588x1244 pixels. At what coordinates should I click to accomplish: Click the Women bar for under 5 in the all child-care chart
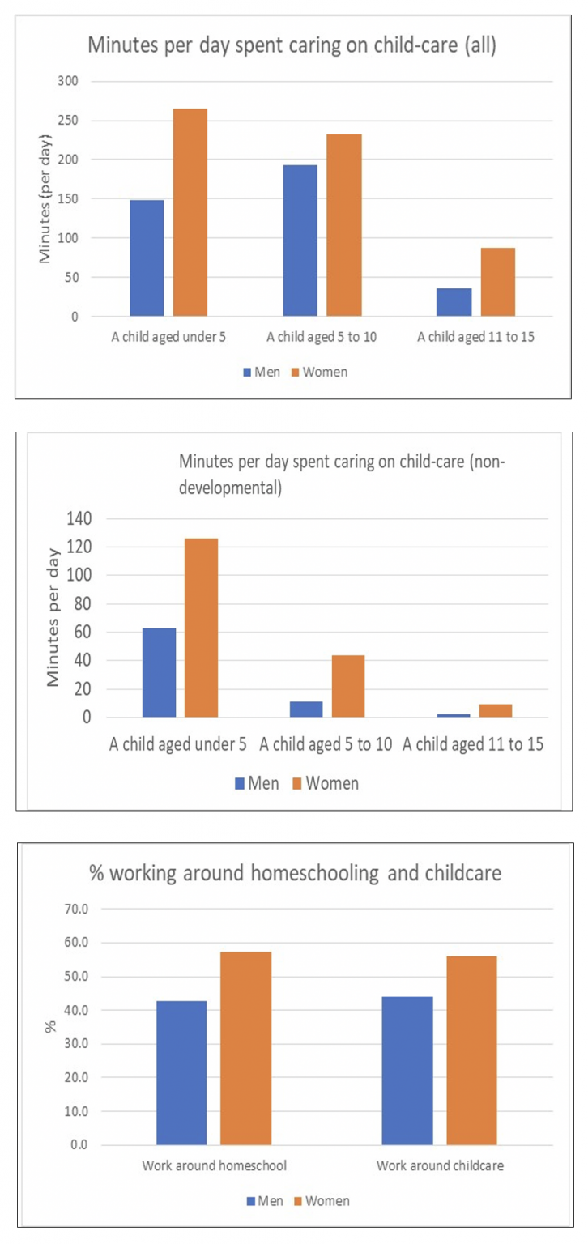pyautogui.click(x=190, y=212)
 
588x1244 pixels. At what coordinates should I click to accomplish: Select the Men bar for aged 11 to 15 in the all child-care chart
pyautogui.click(x=454, y=302)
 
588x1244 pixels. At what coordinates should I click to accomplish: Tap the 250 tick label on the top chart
pyautogui.click(x=68, y=120)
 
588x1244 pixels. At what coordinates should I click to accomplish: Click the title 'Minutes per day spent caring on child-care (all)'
pyautogui.click(x=292, y=45)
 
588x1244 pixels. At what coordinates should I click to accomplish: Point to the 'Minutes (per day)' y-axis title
pyautogui.click(x=45, y=198)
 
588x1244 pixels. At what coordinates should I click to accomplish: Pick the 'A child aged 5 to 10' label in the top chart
pyautogui.click(x=322, y=337)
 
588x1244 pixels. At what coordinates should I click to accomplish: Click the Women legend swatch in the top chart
pyautogui.click(x=296, y=372)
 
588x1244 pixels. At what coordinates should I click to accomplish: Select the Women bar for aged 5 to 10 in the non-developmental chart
pyautogui.click(x=348, y=686)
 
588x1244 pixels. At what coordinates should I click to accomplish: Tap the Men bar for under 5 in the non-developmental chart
pyautogui.click(x=160, y=672)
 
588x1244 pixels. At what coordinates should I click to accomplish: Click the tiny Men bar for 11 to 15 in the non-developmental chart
pyautogui.click(x=454, y=715)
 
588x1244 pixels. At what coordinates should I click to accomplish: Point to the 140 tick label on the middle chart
pyautogui.click(x=79, y=518)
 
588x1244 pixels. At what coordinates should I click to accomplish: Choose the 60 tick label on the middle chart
pyautogui.click(x=83, y=632)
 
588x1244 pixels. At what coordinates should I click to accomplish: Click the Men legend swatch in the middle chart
pyautogui.click(x=240, y=784)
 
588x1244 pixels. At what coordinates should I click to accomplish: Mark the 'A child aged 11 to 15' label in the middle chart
pyautogui.click(x=473, y=744)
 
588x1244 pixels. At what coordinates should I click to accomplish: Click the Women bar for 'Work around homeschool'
pyautogui.click(x=246, y=1048)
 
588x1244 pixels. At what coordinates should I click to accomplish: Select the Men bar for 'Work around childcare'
pyautogui.click(x=407, y=1071)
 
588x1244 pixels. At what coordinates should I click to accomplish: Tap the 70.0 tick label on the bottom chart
pyautogui.click(x=76, y=910)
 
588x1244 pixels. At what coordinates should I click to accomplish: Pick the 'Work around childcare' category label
pyautogui.click(x=441, y=1165)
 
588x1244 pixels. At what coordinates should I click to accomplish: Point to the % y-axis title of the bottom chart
pyautogui.click(x=50, y=1027)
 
